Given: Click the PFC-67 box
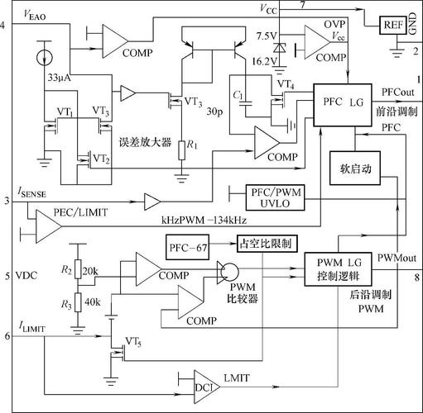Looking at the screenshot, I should click(x=186, y=247).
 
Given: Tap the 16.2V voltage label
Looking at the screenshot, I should click(x=266, y=60).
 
